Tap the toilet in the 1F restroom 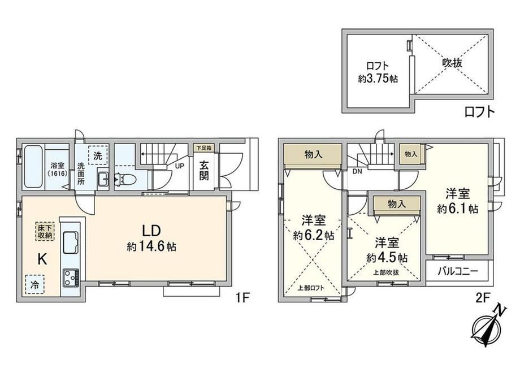[x=127, y=179]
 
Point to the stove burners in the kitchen [x=71, y=278]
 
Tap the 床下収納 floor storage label [x=45, y=232]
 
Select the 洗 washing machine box [x=98, y=155]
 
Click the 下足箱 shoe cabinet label [x=203, y=148]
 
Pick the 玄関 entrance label [x=204, y=171]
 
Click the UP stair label [x=179, y=166]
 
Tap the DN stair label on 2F [x=357, y=171]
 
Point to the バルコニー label [x=458, y=272]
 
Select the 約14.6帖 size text [x=151, y=247]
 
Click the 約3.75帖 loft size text [x=378, y=79]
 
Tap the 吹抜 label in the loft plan [x=452, y=63]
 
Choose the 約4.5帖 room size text [x=387, y=258]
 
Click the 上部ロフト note [x=311, y=288]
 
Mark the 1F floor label [x=242, y=298]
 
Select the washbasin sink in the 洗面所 [x=103, y=179]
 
